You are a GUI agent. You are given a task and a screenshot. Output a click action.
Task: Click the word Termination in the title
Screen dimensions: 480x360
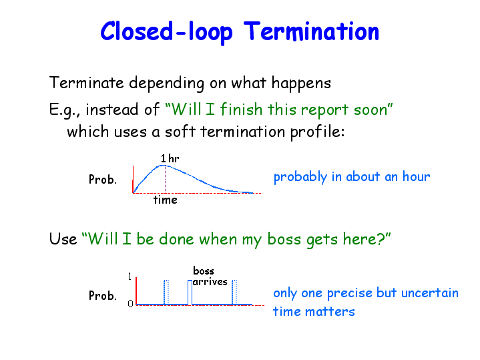tap(311, 31)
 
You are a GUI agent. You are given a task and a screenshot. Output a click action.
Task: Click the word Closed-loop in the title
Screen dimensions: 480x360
tap(166, 32)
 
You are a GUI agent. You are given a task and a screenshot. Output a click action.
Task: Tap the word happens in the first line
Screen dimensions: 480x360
tap(301, 83)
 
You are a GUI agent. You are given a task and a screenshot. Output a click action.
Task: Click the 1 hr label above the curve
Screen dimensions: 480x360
tap(170, 158)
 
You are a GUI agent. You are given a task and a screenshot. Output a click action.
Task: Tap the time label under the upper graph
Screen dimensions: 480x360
tap(166, 200)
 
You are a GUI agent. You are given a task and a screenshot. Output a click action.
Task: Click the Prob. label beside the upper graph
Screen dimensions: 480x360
tap(103, 179)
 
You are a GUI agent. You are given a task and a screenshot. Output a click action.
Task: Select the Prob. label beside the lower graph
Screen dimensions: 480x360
tap(103, 296)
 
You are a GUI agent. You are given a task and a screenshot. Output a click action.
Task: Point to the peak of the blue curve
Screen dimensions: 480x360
tap(163, 166)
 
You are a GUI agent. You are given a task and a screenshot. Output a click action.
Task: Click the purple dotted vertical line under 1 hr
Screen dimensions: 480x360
tap(166, 179)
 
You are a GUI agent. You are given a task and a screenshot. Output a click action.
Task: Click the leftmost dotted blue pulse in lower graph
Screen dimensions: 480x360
tap(166, 293)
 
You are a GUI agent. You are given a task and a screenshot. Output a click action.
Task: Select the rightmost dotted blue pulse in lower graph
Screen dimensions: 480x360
tap(234, 293)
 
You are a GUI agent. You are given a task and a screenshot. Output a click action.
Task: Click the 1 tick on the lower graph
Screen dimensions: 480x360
tap(130, 277)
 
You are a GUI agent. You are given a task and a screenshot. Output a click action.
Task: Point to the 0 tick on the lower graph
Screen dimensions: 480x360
tap(130, 304)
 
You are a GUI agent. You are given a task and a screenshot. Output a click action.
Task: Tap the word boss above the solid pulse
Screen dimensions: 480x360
tap(204, 271)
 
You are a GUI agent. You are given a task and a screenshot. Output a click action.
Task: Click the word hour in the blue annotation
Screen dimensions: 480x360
tap(417, 176)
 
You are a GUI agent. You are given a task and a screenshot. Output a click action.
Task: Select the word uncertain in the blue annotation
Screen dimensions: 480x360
tap(430, 293)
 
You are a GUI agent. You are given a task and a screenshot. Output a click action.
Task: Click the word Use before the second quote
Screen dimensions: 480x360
tap(63, 239)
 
